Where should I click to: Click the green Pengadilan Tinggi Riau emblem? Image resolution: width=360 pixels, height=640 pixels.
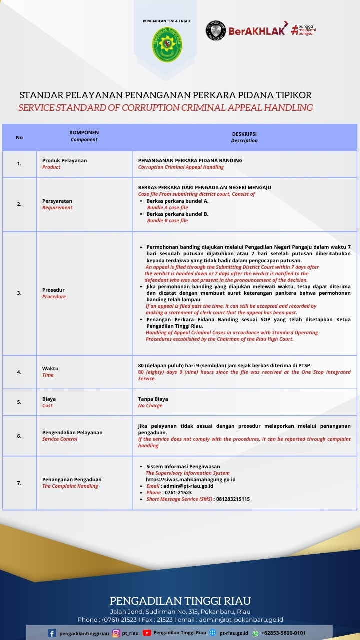(x=167, y=45)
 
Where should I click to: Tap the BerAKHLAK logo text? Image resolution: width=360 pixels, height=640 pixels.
(x=257, y=31)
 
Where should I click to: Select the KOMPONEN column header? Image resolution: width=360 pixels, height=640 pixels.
(x=84, y=133)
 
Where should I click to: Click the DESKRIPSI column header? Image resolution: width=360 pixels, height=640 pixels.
(x=244, y=134)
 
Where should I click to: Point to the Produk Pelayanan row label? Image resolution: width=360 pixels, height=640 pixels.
(x=64, y=160)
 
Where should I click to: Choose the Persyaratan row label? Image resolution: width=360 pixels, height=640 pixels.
(x=57, y=201)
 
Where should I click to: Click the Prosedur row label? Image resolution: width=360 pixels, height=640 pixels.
(x=53, y=290)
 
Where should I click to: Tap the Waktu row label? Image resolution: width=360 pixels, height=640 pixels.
(x=50, y=368)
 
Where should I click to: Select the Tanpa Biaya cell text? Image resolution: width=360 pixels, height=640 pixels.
(x=153, y=399)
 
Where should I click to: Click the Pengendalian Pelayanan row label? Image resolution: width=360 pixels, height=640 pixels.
(x=72, y=432)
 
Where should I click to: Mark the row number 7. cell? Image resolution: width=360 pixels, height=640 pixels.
(x=19, y=483)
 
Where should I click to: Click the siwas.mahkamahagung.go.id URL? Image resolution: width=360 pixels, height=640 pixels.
(x=191, y=479)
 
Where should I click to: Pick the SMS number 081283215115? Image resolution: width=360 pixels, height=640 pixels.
(x=232, y=499)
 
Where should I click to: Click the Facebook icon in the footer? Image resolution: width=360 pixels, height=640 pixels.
(x=52, y=633)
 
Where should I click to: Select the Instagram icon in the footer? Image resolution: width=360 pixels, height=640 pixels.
(x=116, y=633)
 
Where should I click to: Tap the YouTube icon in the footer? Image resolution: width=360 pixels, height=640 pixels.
(x=147, y=633)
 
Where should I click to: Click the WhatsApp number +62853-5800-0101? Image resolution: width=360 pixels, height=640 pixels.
(x=283, y=633)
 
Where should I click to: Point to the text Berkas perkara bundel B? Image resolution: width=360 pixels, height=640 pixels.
(x=177, y=214)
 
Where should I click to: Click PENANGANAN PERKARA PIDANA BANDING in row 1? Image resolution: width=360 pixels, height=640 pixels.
(x=190, y=160)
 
